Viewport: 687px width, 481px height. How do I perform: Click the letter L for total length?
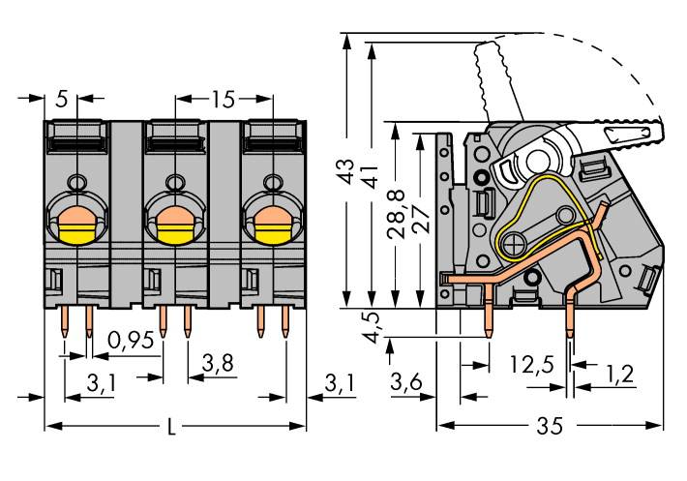tap(172, 427)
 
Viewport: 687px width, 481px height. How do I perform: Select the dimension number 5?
tap(62, 99)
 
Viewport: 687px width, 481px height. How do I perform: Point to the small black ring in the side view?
tap(479, 178)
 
